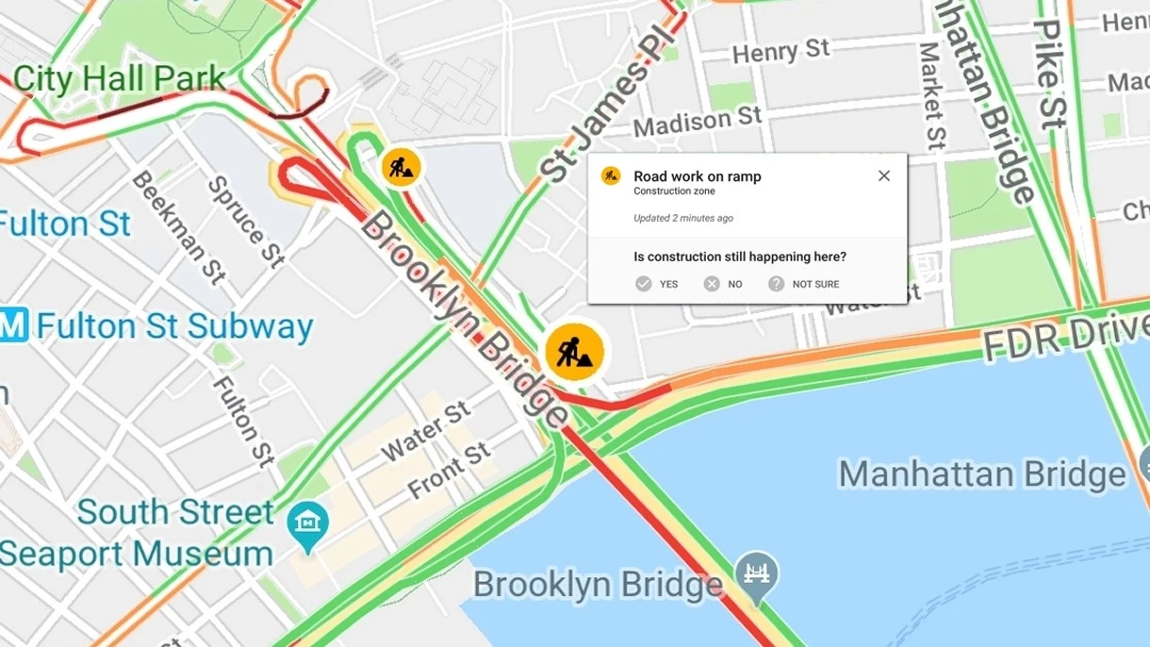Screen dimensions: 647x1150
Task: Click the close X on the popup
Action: tap(883, 175)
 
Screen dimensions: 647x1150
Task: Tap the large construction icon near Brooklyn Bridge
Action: tap(574, 352)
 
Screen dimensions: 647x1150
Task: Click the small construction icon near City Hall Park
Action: tap(402, 167)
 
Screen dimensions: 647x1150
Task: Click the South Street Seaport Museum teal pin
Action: tap(308, 522)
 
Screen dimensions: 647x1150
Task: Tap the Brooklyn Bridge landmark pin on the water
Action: tap(757, 570)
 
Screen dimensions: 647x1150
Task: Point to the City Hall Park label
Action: tap(120, 79)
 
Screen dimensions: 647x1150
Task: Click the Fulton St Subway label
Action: tap(174, 326)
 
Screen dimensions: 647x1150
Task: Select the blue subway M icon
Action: tap(13, 326)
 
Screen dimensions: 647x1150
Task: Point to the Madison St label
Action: tap(697, 121)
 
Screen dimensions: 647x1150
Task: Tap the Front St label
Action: tap(450, 471)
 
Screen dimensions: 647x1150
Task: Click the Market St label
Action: tap(930, 94)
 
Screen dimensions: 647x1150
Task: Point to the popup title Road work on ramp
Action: tap(697, 176)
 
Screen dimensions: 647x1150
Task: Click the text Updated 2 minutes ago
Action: tap(682, 218)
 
